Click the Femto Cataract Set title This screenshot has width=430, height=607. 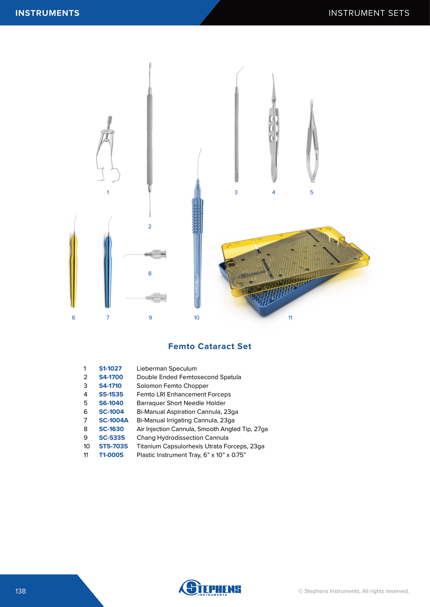click(x=210, y=346)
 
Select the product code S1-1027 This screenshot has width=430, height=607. click(x=110, y=368)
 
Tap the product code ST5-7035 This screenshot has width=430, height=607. click(x=113, y=446)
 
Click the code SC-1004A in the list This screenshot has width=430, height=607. click(x=114, y=420)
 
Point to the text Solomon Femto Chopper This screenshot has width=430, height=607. click(x=173, y=386)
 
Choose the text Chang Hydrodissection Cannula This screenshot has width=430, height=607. click(x=182, y=438)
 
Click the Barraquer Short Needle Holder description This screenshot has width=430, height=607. click(x=181, y=403)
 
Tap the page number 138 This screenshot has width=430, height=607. click(x=21, y=591)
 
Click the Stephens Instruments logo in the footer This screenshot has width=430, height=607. click(x=210, y=587)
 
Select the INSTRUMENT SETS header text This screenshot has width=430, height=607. click(x=369, y=13)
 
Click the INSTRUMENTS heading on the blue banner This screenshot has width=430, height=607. click(x=48, y=13)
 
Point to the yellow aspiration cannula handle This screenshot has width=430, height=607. click(x=74, y=270)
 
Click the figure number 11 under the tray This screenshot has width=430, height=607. click(x=290, y=318)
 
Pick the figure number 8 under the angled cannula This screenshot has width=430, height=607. click(x=150, y=273)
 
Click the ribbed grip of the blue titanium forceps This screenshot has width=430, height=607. click(x=197, y=216)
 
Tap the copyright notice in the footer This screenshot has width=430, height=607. click(x=354, y=591)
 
